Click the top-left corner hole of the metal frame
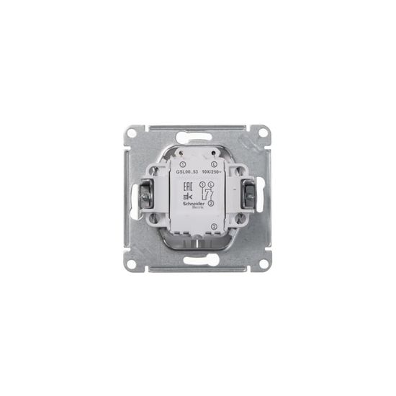(x=132, y=133)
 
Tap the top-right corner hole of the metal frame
(x=264, y=133)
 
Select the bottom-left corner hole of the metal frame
(x=132, y=264)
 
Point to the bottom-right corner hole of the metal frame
(x=264, y=264)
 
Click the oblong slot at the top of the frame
(x=197, y=134)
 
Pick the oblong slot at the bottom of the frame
(x=197, y=263)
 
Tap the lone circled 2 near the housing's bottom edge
(x=213, y=228)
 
